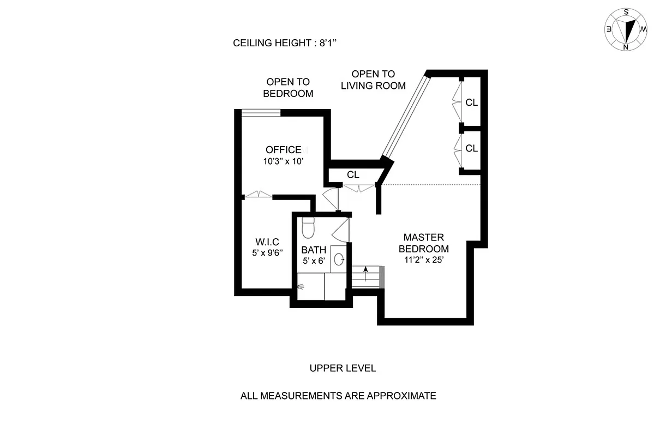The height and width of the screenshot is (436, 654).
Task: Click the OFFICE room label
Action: (x=283, y=150)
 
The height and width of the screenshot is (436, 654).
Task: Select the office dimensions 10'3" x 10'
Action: (x=283, y=161)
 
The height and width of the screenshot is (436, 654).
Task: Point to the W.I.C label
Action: (x=267, y=241)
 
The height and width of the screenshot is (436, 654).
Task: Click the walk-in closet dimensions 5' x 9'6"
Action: (x=267, y=253)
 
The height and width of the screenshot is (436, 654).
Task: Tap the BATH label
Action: (x=314, y=250)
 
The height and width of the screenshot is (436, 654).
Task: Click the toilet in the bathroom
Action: (x=308, y=227)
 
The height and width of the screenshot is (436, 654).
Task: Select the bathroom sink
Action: (x=338, y=259)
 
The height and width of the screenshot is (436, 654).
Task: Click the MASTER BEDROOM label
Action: (x=423, y=243)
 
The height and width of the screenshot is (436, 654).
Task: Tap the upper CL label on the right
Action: (x=471, y=102)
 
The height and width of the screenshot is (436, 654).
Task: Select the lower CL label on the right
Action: (x=471, y=148)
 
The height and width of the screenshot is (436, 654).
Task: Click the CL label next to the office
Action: (x=353, y=175)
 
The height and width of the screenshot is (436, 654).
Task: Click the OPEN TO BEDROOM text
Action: (x=288, y=88)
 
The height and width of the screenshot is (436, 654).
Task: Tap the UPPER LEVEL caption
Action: (x=343, y=368)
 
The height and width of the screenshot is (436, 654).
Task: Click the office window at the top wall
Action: (x=261, y=113)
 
